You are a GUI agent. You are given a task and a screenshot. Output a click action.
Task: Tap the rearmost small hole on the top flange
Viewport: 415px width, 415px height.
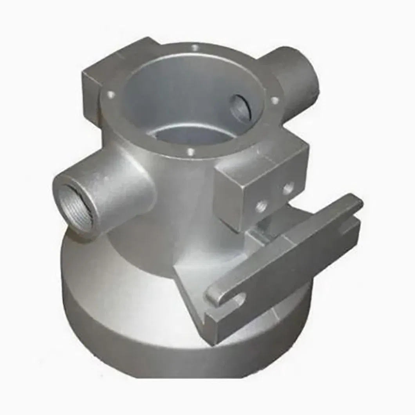coord(195,48)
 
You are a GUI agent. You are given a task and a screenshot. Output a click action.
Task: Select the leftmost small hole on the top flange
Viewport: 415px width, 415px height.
coord(111,94)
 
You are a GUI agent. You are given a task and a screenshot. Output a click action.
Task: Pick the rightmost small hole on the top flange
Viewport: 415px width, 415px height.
coord(274,100)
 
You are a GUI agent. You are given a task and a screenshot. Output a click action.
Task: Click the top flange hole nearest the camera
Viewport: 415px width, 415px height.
coord(191,151)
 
